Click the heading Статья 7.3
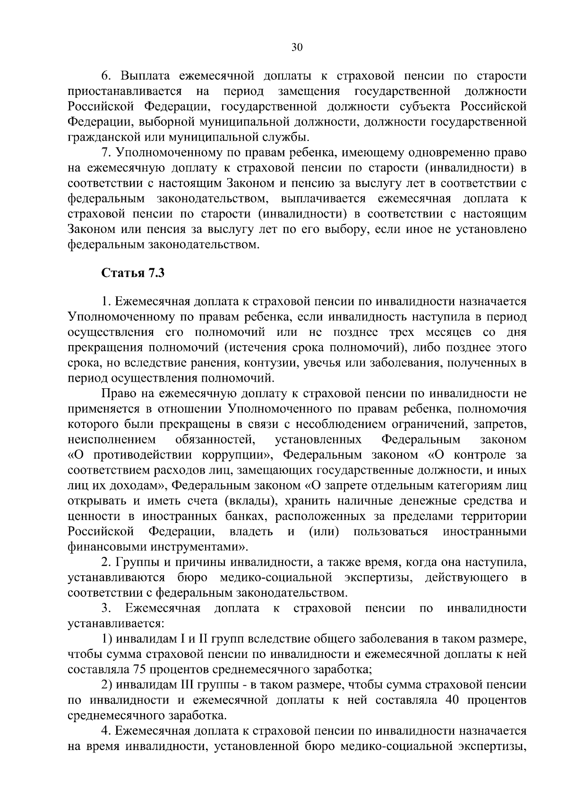tap(133, 273)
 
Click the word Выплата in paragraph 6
tap(145, 76)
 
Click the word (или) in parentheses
tap(324, 531)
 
